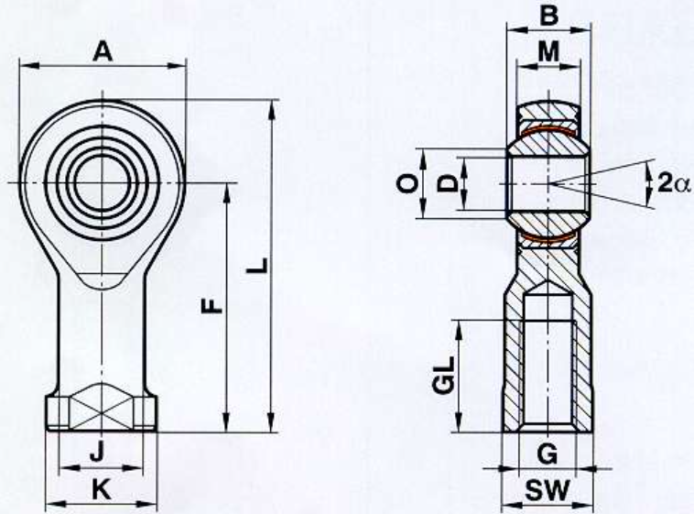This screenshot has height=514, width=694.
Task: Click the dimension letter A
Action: tap(103, 51)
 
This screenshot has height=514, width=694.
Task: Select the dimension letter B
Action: tap(548, 15)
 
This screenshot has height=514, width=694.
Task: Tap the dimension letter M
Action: tap(548, 51)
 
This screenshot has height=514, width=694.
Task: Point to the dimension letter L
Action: tap(257, 265)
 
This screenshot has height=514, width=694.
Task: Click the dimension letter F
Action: tap(211, 306)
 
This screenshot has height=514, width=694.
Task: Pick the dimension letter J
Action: tap(97, 452)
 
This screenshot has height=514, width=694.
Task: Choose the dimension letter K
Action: tap(102, 489)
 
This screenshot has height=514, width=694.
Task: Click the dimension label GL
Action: tap(444, 376)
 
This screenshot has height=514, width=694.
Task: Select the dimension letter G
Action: tap(548, 454)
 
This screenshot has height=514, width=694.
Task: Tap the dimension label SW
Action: tap(548, 491)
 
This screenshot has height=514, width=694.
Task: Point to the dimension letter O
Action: tap(407, 183)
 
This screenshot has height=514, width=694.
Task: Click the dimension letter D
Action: tap(447, 183)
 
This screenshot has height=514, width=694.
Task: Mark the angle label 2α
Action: tap(673, 182)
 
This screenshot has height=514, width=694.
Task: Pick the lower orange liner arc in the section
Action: tap(548, 236)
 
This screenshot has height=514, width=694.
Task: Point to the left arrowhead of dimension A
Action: tap(29, 66)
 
